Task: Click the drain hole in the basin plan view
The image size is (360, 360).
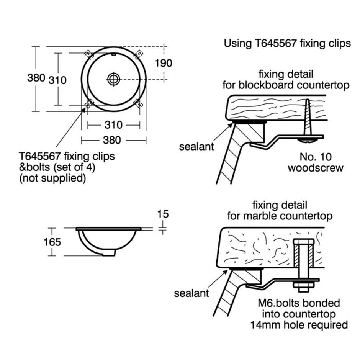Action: (x=114, y=79)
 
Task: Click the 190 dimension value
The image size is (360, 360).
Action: (x=164, y=63)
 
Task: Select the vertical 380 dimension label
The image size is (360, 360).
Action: (x=36, y=78)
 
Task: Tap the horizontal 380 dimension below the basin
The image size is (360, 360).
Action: (x=113, y=140)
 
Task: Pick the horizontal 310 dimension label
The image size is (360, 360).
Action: (x=113, y=125)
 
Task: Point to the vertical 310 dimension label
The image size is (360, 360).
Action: (x=57, y=80)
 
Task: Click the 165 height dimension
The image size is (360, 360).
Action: (x=52, y=242)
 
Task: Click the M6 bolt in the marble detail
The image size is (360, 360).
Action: (x=303, y=264)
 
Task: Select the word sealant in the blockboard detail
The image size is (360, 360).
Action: (x=196, y=147)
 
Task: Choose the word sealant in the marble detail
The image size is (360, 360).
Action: (x=191, y=293)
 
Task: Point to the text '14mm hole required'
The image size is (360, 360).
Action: (x=299, y=325)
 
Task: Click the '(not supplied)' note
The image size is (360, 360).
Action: (x=52, y=178)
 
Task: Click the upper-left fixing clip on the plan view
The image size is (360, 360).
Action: (x=88, y=53)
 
